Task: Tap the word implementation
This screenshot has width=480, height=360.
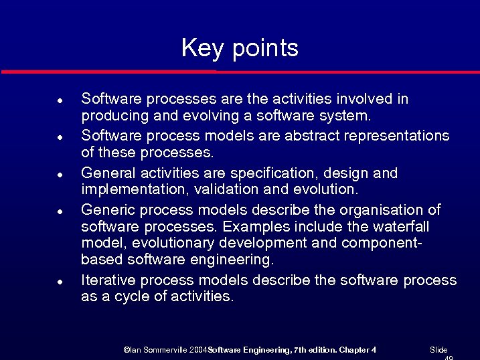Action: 127,189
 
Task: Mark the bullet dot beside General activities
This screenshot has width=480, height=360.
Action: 60,174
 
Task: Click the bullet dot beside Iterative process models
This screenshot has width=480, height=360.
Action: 60,280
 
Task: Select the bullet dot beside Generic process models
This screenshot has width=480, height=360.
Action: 60,211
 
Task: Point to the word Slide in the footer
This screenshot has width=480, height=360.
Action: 438,350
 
